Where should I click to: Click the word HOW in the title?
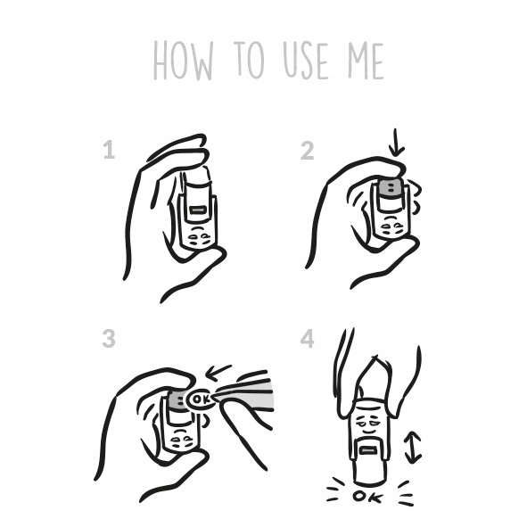point(183,61)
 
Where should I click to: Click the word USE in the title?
point(305,61)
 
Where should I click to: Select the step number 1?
point(109,150)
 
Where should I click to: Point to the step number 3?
point(109,338)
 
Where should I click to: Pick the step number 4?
point(307,339)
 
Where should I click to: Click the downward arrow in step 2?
point(397,143)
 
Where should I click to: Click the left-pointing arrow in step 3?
point(218,372)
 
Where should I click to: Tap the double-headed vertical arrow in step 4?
point(413,448)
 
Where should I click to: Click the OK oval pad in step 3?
point(201,399)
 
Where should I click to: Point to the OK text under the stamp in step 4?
point(367,497)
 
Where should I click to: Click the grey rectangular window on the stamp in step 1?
point(196,210)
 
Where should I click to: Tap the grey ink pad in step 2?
point(391,187)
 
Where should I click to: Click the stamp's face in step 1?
point(198,236)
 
